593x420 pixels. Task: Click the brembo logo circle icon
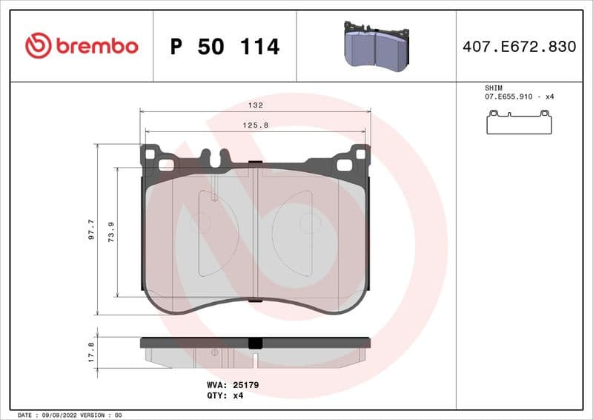[x=38, y=46]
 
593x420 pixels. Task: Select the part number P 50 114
[x=225, y=47]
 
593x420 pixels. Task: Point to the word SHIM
[x=493, y=88]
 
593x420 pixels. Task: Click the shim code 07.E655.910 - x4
[x=520, y=97]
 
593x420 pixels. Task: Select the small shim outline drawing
[x=519, y=122]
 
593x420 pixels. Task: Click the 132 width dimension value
[x=256, y=106]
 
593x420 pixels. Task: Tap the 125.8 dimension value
[x=256, y=125]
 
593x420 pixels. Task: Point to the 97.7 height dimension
[x=91, y=229]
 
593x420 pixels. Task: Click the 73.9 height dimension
[x=111, y=232]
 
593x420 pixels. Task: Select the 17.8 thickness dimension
[x=91, y=352]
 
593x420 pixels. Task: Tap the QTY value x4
[x=239, y=396]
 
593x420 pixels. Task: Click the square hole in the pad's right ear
[x=360, y=154]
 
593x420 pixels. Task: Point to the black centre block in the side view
[x=256, y=343]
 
